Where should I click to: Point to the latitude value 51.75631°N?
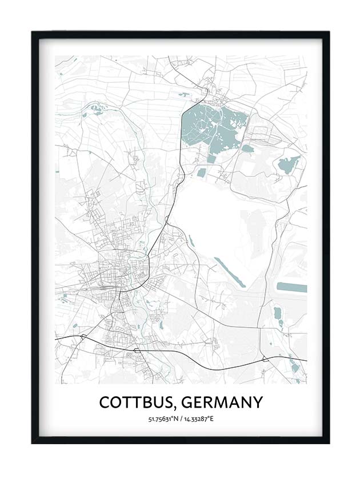[163, 419]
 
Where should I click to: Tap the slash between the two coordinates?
[181, 419]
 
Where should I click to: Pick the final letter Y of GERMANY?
[257, 402]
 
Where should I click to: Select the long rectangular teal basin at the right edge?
[292, 287]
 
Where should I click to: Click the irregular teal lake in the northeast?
[289, 164]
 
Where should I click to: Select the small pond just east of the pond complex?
[247, 148]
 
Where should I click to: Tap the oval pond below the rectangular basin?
[277, 313]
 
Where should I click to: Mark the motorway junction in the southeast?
[265, 359]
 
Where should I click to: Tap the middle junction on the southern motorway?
[137, 348]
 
